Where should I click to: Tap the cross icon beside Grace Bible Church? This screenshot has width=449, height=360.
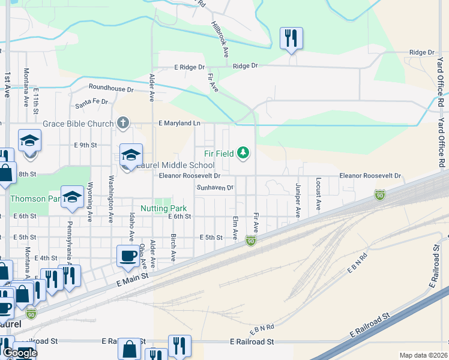(122, 124)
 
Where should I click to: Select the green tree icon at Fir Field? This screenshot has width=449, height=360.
(243, 153)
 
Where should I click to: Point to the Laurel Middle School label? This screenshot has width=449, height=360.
(175, 165)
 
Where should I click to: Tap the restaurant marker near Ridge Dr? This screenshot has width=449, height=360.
(291, 39)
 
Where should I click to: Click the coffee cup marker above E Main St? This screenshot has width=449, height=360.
(128, 256)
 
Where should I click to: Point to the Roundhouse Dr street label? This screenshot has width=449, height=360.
(111, 89)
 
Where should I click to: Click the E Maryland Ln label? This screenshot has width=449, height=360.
(179, 123)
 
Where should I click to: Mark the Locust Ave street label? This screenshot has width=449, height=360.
(318, 193)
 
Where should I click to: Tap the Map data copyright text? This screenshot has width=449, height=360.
(423, 355)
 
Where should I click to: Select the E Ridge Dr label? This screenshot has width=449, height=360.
(189, 68)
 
